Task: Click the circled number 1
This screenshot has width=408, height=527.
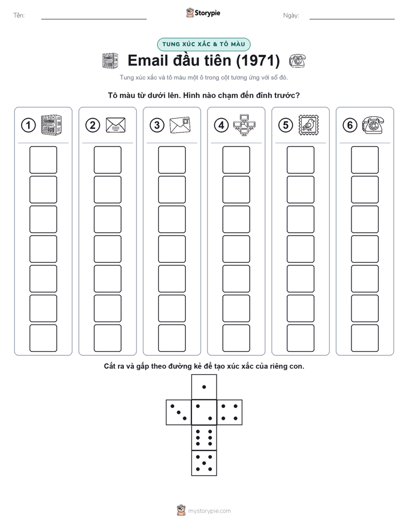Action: point(28,125)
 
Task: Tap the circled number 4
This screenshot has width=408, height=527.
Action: point(221,125)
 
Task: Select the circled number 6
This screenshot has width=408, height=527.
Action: point(350,125)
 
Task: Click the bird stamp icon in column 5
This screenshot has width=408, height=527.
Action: point(309,125)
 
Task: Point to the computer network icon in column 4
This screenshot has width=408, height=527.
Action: point(245,125)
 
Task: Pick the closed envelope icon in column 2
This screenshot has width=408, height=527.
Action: point(115,125)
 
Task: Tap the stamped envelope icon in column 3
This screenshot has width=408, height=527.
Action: point(180,125)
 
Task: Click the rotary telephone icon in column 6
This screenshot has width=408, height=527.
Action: point(373,125)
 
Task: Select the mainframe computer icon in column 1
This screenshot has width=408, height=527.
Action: point(51,125)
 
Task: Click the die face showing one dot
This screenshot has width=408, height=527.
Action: point(204,387)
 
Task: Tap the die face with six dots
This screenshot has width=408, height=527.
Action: point(204,437)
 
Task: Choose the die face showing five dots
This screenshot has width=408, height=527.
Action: point(204,463)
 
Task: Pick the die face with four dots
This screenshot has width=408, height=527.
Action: point(230,412)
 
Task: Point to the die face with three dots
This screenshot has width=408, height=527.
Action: point(179,412)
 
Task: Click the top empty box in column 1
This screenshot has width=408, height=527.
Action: point(43,160)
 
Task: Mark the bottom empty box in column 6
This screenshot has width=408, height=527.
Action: point(365,338)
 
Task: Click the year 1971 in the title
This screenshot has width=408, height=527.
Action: point(258,60)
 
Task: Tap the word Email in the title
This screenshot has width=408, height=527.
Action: point(148,60)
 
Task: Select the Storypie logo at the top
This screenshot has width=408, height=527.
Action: point(203,13)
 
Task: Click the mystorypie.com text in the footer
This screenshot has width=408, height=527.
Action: point(209,511)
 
